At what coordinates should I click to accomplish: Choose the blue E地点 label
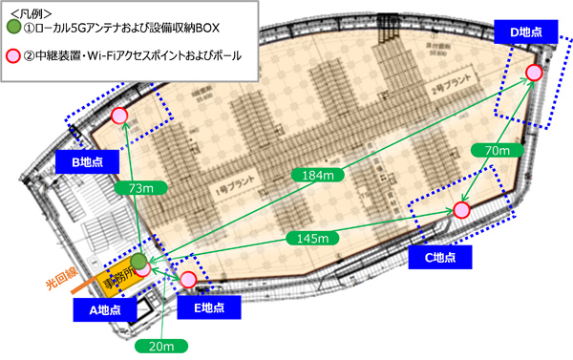(203, 307)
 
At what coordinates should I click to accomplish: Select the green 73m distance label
(133, 189)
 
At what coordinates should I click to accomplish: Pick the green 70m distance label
(496, 151)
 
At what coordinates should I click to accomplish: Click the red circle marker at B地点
(119, 116)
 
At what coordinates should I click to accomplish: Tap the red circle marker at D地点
(534, 74)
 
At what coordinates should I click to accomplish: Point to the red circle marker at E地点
(188, 279)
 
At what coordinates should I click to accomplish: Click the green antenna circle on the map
(139, 261)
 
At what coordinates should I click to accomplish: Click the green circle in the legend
(12, 27)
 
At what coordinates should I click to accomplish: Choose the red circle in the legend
(12, 56)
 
